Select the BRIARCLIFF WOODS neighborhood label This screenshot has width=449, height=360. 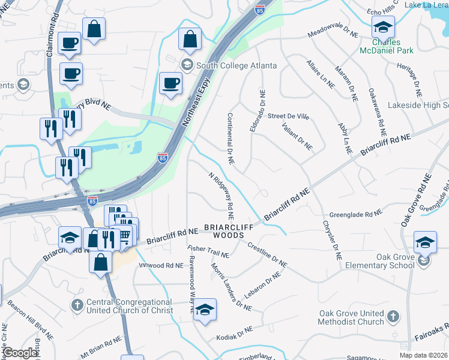tap(224, 231)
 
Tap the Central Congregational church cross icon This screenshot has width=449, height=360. tap(77, 305)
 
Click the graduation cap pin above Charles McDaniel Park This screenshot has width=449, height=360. tap(382, 26)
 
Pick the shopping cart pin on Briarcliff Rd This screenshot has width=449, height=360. tap(124, 237)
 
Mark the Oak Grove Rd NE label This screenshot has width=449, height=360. tap(417, 200)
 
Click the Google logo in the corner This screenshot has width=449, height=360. tap(19, 353)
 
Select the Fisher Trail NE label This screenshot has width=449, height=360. tap(208, 251)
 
